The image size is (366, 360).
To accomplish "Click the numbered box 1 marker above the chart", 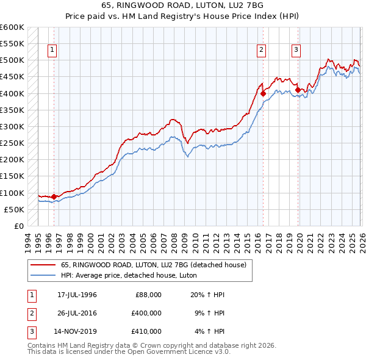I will tap(52, 51).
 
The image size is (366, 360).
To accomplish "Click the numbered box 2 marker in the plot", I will tap(261, 51).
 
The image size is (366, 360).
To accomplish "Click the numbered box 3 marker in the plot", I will tap(296, 51).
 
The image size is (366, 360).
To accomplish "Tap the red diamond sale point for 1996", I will tap(54, 196).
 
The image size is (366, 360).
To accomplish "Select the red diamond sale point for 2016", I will tap(263, 93).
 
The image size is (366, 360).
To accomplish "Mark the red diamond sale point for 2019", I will tap(298, 90).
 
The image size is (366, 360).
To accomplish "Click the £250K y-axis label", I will tap(12, 143).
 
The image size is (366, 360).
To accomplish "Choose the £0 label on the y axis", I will tap(18, 226).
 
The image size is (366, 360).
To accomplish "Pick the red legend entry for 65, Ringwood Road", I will tap(153, 265).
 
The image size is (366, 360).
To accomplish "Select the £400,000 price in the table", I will tap(146, 313).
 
